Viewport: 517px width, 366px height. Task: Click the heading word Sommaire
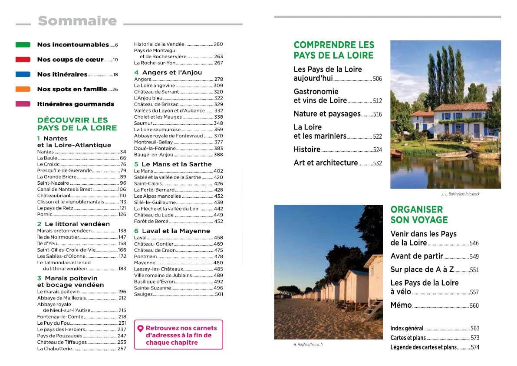click(x=77, y=21)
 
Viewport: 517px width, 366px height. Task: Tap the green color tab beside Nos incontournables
click(x=23, y=45)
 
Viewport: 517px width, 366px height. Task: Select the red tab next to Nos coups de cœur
click(x=23, y=60)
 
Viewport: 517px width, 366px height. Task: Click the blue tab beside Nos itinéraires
click(x=23, y=74)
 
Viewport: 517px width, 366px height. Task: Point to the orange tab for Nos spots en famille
click(x=23, y=89)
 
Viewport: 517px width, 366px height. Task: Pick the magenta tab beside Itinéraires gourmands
click(x=23, y=104)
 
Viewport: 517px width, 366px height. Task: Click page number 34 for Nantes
click(x=123, y=152)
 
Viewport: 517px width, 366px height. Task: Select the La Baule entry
click(x=47, y=158)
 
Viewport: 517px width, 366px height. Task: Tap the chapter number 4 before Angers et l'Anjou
click(x=136, y=73)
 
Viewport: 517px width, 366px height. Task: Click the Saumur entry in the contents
click(x=143, y=123)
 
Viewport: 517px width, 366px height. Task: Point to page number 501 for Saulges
click(x=219, y=295)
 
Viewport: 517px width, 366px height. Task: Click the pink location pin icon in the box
click(x=140, y=329)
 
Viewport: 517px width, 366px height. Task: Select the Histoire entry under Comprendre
click(x=307, y=150)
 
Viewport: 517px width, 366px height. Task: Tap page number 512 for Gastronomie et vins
click(x=377, y=101)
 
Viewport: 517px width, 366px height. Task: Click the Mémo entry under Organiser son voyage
click(x=401, y=305)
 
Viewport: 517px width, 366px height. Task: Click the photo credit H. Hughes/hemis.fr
click(x=308, y=345)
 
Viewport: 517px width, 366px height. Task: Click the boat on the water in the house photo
click(x=451, y=154)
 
